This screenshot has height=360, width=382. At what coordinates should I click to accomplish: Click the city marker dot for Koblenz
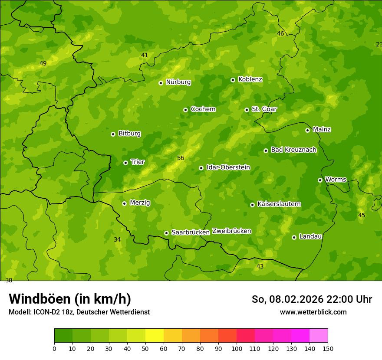(233, 80)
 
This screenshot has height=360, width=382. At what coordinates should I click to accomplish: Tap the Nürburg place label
(178, 82)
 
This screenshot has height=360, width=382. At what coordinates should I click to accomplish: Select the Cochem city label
(203, 109)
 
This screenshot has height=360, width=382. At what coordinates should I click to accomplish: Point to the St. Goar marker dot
(247, 110)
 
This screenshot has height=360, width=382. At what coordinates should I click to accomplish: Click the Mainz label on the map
(322, 129)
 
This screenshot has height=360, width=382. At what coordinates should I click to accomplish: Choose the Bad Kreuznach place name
(293, 150)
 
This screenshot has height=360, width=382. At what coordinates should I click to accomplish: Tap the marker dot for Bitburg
(113, 134)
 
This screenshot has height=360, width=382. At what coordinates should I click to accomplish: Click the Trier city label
(137, 162)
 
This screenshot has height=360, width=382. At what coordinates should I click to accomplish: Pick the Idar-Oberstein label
(228, 167)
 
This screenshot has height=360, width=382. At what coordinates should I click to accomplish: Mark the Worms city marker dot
(320, 180)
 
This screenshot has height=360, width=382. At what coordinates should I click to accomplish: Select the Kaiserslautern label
(279, 204)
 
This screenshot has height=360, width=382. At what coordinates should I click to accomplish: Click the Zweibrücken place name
(231, 231)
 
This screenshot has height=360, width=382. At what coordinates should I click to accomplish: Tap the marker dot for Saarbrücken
(166, 233)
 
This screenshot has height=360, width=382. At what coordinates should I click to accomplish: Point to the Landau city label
(310, 236)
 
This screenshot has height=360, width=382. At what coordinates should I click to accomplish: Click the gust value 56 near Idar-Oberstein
(181, 158)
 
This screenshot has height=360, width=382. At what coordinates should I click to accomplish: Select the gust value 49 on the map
(43, 64)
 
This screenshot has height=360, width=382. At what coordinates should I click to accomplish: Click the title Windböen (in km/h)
(70, 299)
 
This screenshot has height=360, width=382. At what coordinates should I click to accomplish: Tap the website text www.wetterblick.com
(313, 312)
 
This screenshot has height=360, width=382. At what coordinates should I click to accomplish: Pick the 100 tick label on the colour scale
(237, 348)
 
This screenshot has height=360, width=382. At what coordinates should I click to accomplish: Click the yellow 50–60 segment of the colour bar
(155, 336)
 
